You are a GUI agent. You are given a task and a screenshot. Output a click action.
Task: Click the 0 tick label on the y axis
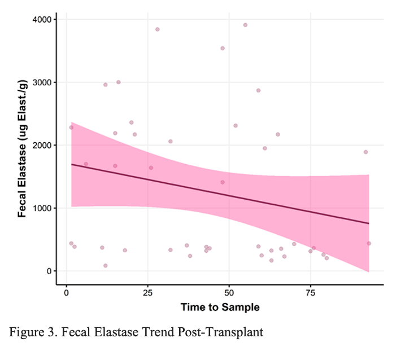(x=50, y=271)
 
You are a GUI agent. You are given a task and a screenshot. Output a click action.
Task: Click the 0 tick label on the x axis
(x=67, y=293)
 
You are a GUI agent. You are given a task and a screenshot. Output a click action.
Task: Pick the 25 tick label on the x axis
(x=147, y=293)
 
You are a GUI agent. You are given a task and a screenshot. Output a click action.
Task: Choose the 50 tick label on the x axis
(x=229, y=293)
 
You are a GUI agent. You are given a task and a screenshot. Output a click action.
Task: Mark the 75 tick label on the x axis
(x=310, y=293)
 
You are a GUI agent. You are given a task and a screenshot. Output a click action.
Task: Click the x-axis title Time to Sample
(x=220, y=308)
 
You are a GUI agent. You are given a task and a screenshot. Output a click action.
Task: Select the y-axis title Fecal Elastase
(x=23, y=148)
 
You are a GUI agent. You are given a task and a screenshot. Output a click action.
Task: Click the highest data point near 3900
(x=245, y=25)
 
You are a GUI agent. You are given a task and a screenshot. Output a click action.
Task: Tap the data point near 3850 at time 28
(x=158, y=29)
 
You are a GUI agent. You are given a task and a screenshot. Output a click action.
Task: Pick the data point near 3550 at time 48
(x=223, y=48)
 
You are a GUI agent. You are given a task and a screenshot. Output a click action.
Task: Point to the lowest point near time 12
(x=106, y=265)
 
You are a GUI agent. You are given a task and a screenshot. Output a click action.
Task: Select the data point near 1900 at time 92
(x=365, y=152)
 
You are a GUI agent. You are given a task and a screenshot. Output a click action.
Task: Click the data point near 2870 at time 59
(x=258, y=90)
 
